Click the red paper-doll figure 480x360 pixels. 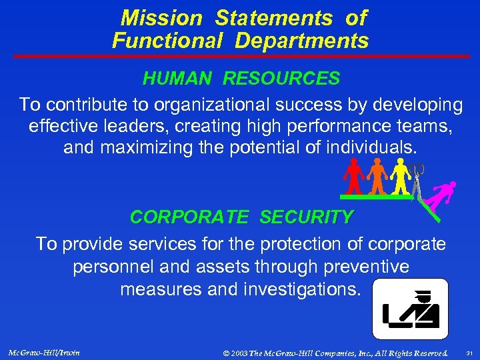pyautogui.click(x=354, y=177)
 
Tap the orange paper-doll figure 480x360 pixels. pyautogui.click(x=377, y=177)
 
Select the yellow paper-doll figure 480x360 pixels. pyautogui.click(x=400, y=177)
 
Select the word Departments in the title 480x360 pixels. pyautogui.click(x=301, y=41)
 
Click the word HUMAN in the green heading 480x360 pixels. pyautogui.click(x=179, y=79)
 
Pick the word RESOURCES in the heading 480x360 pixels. pyautogui.click(x=281, y=79)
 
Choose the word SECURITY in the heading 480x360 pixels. pyautogui.click(x=307, y=217)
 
